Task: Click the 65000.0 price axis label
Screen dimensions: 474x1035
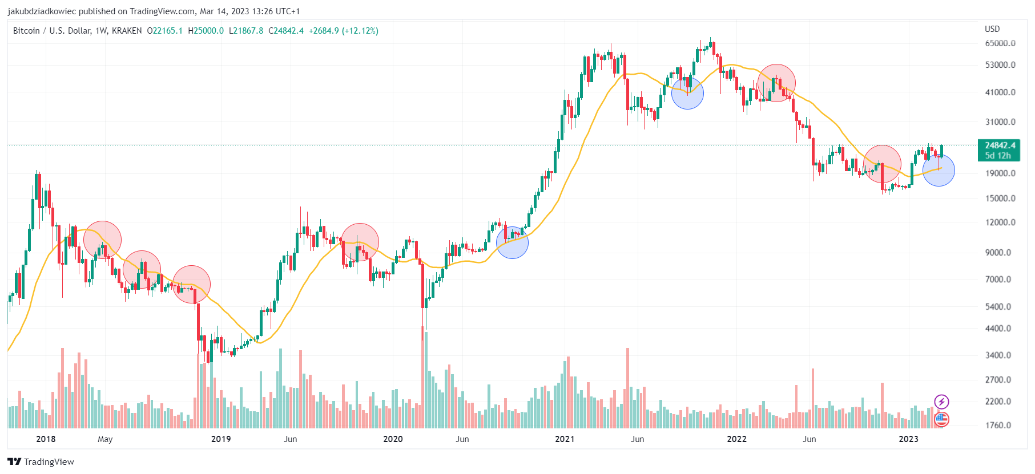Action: click(x=1000, y=43)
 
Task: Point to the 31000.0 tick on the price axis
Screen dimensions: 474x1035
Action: click(x=1000, y=122)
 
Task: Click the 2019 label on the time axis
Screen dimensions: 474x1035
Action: click(x=221, y=439)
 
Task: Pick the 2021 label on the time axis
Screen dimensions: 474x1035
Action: click(x=565, y=439)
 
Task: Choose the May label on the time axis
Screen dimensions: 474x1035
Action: click(x=105, y=439)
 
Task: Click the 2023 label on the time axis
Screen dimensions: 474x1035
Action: click(x=908, y=439)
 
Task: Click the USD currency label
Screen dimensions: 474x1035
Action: click(x=992, y=29)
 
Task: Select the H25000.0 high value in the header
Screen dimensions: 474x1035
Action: click(x=206, y=31)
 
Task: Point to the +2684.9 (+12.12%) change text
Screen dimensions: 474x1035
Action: click(x=343, y=31)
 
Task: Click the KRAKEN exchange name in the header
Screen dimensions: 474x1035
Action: click(x=127, y=31)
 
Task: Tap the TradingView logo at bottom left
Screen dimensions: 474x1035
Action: click(x=41, y=461)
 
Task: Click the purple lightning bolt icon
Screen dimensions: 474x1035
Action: click(x=941, y=402)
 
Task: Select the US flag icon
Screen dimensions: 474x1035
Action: click(x=941, y=420)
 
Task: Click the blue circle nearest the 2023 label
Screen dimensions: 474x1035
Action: click(x=939, y=170)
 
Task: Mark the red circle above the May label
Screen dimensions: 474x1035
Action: click(x=102, y=240)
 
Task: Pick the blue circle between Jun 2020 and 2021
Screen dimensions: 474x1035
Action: click(x=513, y=242)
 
